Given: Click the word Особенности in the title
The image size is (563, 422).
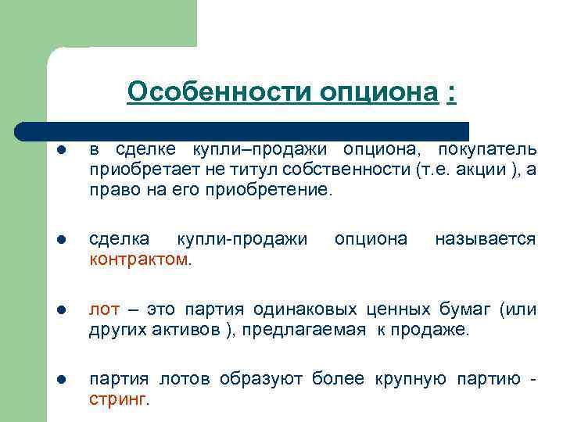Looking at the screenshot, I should click(220, 92).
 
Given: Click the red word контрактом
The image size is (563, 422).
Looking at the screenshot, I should click(138, 259).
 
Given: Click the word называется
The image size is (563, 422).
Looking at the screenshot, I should click(485, 238).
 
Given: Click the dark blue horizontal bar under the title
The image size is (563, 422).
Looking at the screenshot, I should click(242, 129).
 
